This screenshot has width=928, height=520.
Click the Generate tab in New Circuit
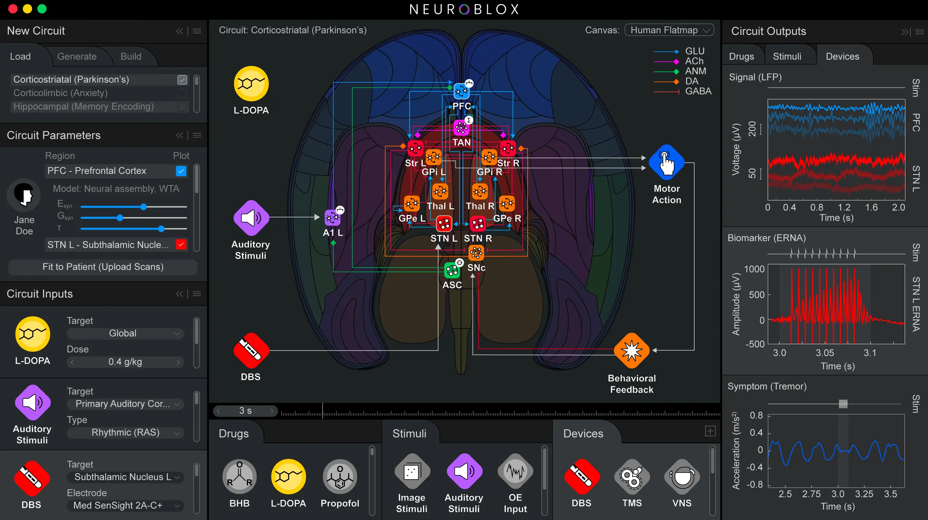point(77,56)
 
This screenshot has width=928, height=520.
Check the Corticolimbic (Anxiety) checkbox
point(182,93)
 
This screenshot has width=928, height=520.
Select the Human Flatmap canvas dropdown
point(669,30)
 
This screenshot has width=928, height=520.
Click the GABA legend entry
point(698,92)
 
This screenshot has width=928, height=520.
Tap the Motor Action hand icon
point(666,162)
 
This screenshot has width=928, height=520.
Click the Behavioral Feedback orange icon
point(632,351)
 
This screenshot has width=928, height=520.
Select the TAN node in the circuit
point(461,127)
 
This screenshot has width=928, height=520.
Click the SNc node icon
point(476,253)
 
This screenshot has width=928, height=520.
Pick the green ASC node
point(452,271)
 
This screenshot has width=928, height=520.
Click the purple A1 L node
point(332,217)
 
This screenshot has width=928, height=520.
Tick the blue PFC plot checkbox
point(181,171)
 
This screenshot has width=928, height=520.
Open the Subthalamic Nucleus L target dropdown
point(125,477)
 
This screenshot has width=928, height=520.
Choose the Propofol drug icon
point(340,476)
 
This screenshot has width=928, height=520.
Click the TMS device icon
point(632,477)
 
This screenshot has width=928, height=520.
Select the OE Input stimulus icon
point(515,471)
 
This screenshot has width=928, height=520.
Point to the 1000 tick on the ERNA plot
point(754,269)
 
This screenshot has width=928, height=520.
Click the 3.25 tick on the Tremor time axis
point(864,494)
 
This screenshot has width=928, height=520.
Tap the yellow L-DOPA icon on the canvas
point(251,83)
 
